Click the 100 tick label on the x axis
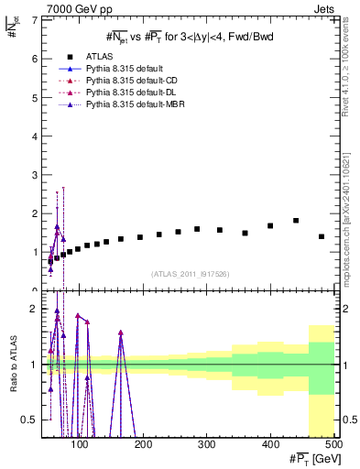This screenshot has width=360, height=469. (x=81, y=445)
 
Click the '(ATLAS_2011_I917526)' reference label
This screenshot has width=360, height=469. (x=191, y=273)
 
